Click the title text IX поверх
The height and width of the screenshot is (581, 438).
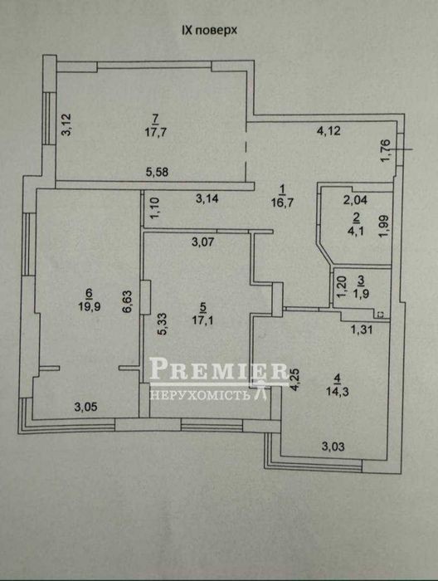pos(209,31)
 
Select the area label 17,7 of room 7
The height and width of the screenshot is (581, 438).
pos(155,133)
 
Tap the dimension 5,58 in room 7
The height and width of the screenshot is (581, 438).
pos(157,172)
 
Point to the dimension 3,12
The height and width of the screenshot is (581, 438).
pos(68,124)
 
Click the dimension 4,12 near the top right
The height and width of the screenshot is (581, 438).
pos(328,131)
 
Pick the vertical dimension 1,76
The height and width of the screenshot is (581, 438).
pos(385,150)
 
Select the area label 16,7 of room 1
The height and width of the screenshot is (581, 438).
pos(282,203)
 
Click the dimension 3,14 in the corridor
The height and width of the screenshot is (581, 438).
pos(207,199)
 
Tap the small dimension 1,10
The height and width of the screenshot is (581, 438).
pos(155,207)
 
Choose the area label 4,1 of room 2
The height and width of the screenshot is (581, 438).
pos(357,232)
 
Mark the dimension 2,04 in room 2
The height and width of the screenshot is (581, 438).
pos(355,201)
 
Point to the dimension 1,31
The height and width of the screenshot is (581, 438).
pos(361,329)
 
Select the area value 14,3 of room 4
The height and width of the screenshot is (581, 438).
pos(338,392)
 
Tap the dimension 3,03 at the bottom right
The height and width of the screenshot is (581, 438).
pos(333,447)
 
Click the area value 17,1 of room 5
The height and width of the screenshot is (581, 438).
pos(202,320)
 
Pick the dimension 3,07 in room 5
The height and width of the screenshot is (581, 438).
pos(203,242)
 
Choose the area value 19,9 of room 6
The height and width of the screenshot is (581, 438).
pos(89,306)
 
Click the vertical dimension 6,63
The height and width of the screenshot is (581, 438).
pos(128,301)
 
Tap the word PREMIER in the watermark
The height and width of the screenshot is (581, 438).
pos(218,370)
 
